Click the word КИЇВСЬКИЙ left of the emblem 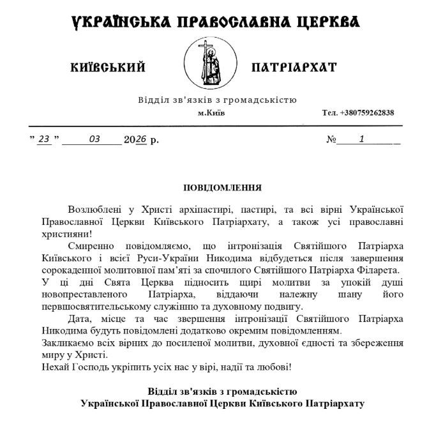pos(109,67)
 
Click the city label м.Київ pos(211,113)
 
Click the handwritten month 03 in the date pos(95,139)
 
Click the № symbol pos(331,139)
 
